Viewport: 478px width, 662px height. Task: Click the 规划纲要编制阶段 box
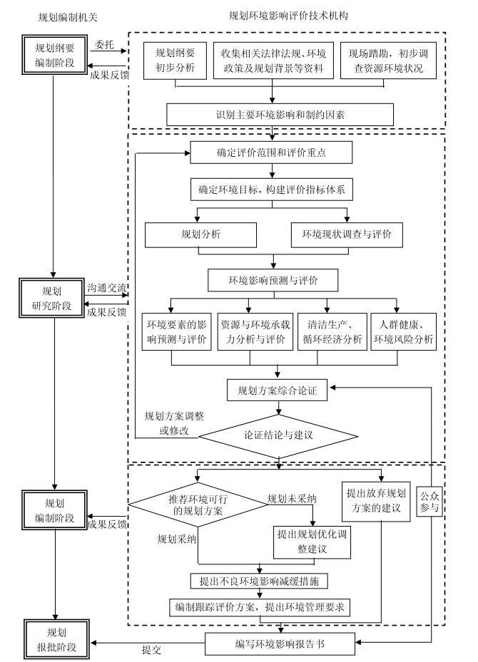(x=49, y=52)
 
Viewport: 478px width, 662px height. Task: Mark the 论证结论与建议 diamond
(x=278, y=434)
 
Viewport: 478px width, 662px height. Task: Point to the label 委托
(x=104, y=43)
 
